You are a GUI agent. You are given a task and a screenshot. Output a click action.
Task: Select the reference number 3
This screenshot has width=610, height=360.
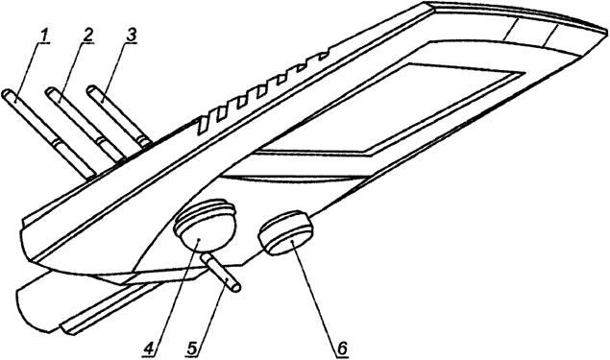click(x=131, y=36)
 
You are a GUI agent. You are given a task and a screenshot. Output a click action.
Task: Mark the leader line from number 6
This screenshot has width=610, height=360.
click(x=317, y=292)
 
